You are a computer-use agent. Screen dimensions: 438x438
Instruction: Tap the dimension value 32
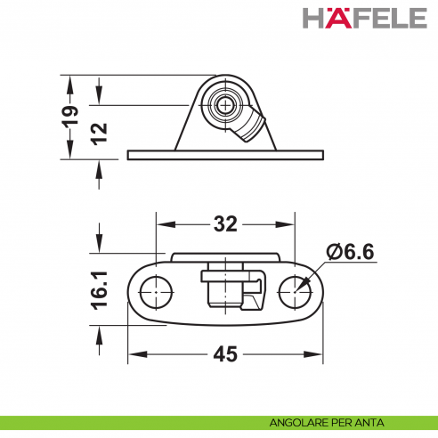(x=224, y=223)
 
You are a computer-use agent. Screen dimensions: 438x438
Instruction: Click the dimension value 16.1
(x=101, y=291)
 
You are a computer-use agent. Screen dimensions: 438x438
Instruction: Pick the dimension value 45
(x=226, y=354)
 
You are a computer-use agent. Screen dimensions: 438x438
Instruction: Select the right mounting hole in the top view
(x=294, y=289)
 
